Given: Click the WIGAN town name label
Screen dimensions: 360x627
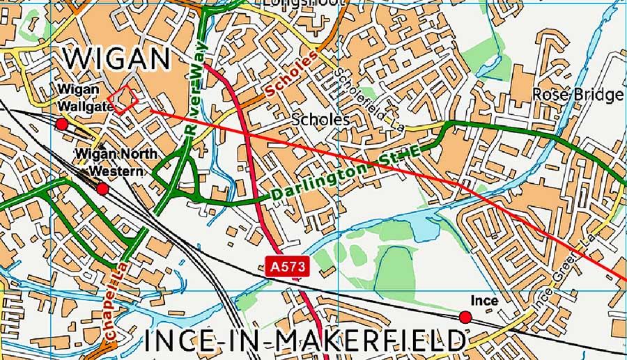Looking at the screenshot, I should [117, 58].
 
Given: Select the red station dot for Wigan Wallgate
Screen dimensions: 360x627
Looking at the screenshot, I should [61, 124].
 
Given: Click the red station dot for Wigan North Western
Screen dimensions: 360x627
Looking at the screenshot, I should [102, 189].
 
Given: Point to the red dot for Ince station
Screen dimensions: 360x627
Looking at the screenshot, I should [465, 318].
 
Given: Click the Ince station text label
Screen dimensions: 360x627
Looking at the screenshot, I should [484, 300].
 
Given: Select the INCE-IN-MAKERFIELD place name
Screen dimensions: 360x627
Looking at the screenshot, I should [305, 341].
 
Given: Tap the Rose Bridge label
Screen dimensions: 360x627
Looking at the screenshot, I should [578, 95].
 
